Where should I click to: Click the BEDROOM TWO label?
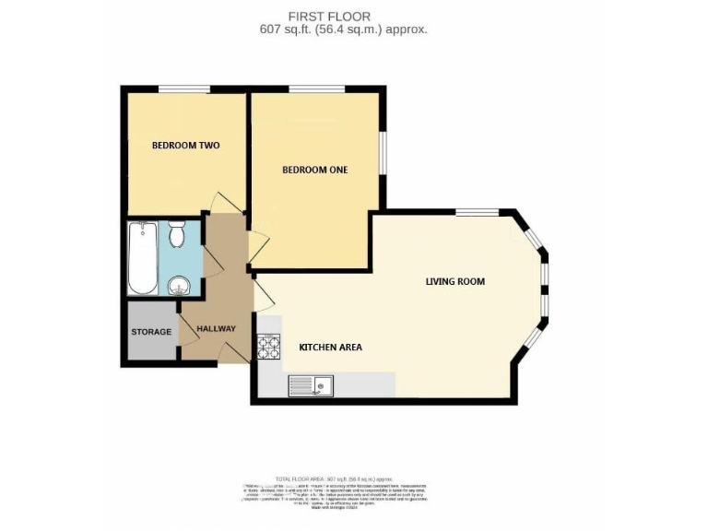[x=185, y=146]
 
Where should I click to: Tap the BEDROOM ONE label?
[x=314, y=170]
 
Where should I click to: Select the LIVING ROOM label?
[x=454, y=281]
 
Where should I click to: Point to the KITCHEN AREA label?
[x=330, y=348]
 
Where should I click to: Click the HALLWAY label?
[x=216, y=329]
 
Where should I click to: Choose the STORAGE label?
[x=150, y=332]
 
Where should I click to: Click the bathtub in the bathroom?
[x=143, y=256]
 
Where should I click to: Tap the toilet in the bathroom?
[x=178, y=235]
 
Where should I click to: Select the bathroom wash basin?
[x=179, y=286]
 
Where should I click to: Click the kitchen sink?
[x=311, y=384]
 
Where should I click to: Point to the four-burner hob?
[x=269, y=346]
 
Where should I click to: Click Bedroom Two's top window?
[x=184, y=88]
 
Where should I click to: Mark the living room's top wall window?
[x=478, y=212]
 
